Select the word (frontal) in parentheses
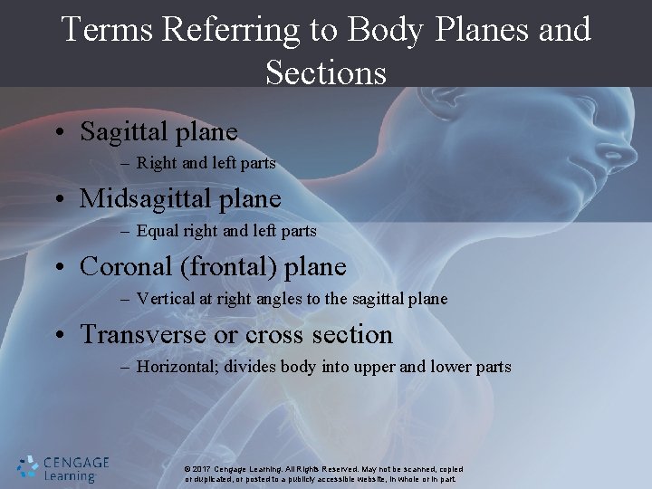235,267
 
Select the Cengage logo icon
28,466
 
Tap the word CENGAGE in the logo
77,461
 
